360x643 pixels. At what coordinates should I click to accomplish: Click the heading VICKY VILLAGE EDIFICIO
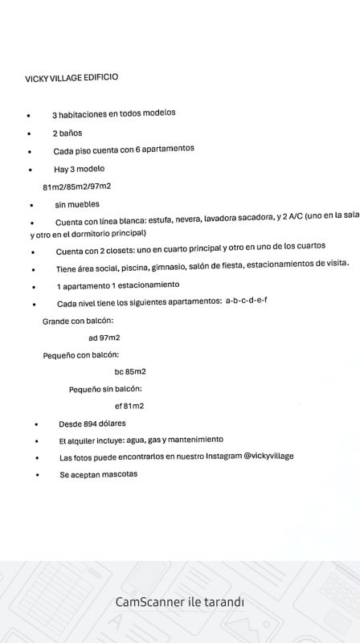pos(72,78)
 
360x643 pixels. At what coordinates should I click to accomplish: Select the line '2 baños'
pos(67,133)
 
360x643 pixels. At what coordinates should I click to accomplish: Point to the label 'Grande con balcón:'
pos(77,321)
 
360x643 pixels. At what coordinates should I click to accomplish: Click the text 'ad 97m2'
pos(104,338)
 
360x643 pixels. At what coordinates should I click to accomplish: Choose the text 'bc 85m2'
pos(130,371)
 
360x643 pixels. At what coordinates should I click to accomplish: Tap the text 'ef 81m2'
pos(129,406)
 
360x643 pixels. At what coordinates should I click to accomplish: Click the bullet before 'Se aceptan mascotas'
pos(37,475)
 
